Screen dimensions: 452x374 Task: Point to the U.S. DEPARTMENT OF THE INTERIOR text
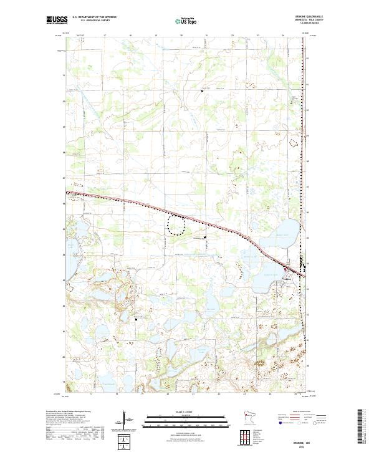tap(94, 18)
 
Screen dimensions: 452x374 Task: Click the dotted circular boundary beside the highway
tap(177, 224)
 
